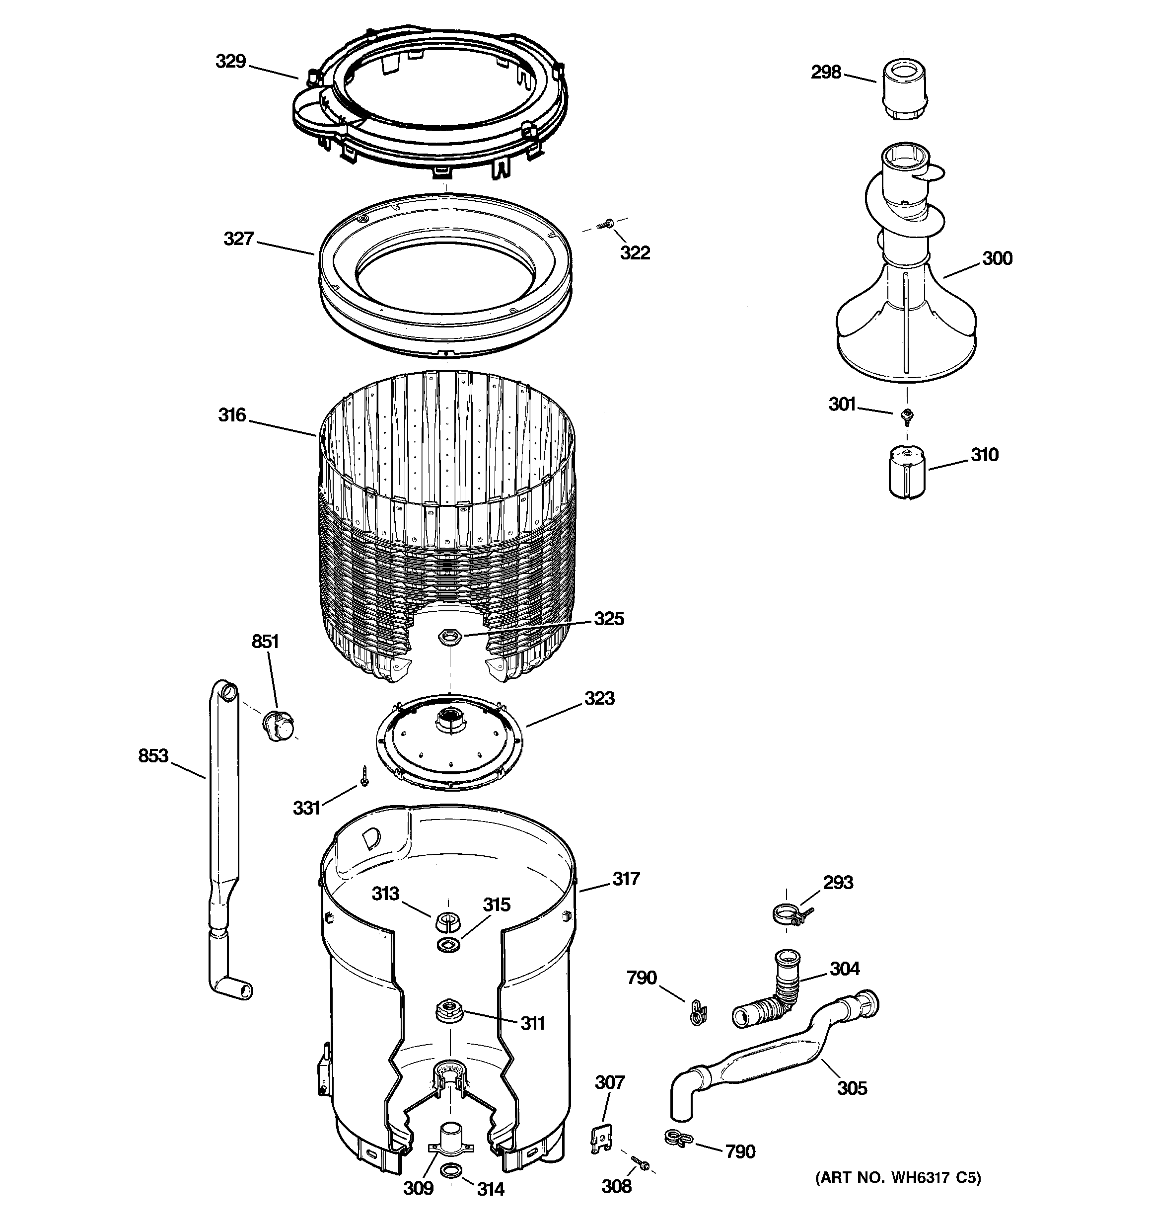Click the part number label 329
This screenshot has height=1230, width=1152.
pos(230,61)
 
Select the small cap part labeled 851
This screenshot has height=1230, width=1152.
pos(278,723)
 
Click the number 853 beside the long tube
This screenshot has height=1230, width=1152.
pos(153,755)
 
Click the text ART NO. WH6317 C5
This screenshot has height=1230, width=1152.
pos(897,1177)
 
